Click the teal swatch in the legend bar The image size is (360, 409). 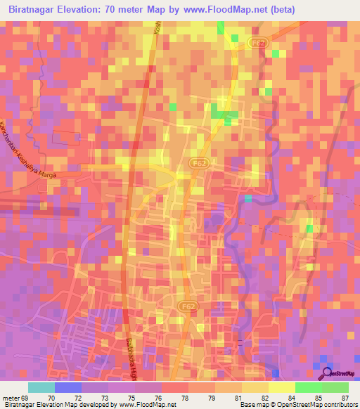point(41,387)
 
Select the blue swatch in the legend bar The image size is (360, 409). point(67,387)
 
